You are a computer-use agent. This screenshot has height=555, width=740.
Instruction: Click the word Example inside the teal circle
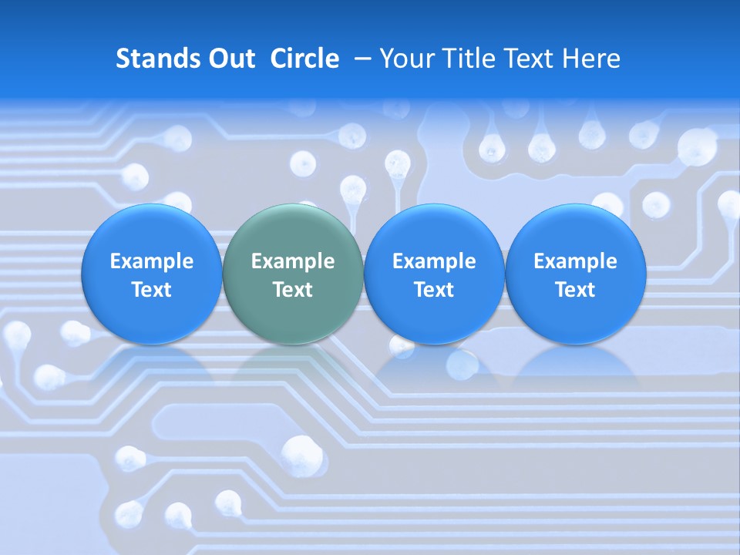coord(293,261)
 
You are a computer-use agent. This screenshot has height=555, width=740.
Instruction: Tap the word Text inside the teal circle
coord(293,290)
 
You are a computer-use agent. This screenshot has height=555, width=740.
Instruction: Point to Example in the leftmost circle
coord(152,261)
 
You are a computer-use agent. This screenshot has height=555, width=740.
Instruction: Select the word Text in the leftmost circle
coord(152,290)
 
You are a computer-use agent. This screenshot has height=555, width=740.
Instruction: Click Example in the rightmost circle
coord(576,261)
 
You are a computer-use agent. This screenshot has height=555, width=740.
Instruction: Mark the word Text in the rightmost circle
coord(576,290)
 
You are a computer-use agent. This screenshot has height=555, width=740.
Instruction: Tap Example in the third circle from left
coord(434,261)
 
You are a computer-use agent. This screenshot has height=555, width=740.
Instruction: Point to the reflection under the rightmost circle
coord(576,366)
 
